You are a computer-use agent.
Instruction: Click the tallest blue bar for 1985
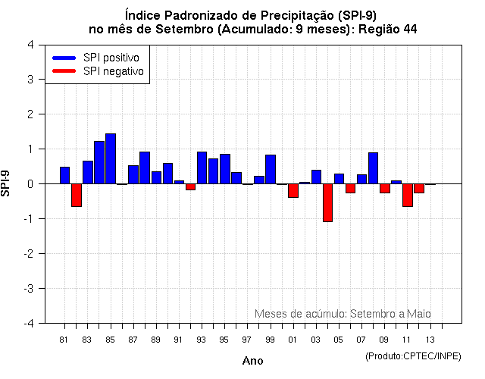(x=111, y=158)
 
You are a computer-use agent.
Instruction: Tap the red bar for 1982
(x=77, y=195)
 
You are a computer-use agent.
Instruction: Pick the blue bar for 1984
(x=99, y=162)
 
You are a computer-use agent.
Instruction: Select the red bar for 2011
(x=407, y=195)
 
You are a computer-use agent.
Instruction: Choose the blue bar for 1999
(x=271, y=169)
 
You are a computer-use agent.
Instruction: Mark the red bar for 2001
(x=293, y=190)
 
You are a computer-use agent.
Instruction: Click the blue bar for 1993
(x=202, y=168)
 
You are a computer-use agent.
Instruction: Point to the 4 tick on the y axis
(x=30, y=44)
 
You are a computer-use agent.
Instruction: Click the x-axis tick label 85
(x=111, y=340)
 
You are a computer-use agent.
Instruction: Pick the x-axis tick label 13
(x=430, y=340)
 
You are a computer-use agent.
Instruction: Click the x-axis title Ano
(x=252, y=361)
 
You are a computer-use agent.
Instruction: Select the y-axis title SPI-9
(x=8, y=183)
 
